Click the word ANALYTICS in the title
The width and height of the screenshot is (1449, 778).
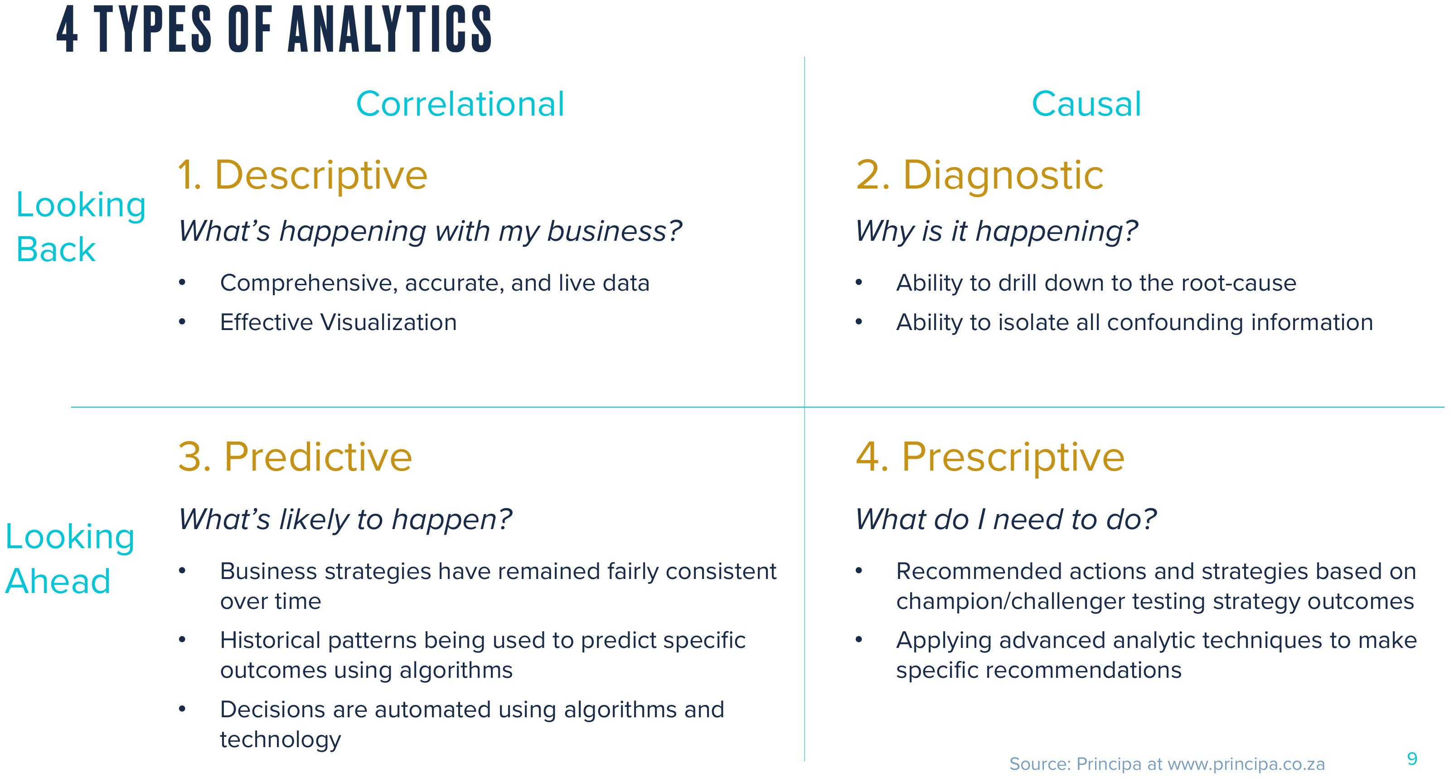click(x=390, y=29)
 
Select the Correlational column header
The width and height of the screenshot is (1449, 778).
click(x=460, y=104)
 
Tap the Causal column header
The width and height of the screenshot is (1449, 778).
click(x=1086, y=104)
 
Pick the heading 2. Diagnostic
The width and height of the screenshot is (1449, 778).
click(x=979, y=175)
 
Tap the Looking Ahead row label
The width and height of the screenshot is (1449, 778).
click(x=70, y=558)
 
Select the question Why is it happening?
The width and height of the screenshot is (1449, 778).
click(x=996, y=232)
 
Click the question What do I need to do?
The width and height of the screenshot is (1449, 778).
click(x=1006, y=519)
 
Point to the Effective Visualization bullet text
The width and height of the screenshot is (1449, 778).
click(x=338, y=322)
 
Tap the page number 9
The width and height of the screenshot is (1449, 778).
click(x=1412, y=759)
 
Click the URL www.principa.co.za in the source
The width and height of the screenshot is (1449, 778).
click(x=1246, y=764)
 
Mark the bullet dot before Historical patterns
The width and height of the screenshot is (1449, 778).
click(x=182, y=639)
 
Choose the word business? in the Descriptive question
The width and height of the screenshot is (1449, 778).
click(x=614, y=232)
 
